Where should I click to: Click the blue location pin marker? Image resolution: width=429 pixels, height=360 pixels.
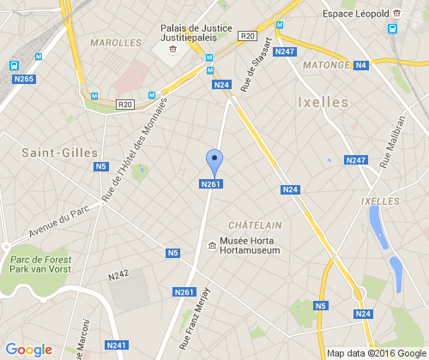(x=214, y=161)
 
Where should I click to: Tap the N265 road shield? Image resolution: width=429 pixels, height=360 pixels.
(x=24, y=80)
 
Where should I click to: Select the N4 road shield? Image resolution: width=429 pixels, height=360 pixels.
(x=360, y=65)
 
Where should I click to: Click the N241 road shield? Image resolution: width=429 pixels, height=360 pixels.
(x=116, y=345)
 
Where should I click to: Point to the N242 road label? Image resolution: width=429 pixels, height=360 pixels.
(x=118, y=275)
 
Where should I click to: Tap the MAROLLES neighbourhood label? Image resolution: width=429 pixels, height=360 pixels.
(x=115, y=42)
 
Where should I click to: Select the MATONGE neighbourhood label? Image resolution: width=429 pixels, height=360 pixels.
(x=325, y=64)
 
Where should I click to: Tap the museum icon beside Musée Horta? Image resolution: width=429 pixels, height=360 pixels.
(x=212, y=247)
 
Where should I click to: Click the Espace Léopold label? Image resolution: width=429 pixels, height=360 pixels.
(x=355, y=14)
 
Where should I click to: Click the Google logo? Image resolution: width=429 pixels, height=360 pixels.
(x=29, y=349)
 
